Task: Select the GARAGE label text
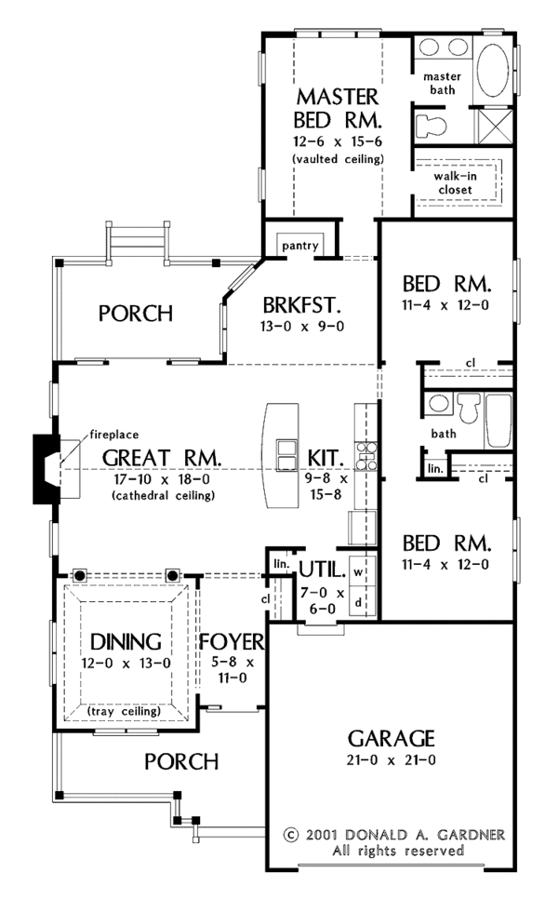[391, 739]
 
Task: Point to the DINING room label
[126, 642]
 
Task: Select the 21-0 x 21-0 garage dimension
[391, 760]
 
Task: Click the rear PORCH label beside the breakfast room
[136, 314]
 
